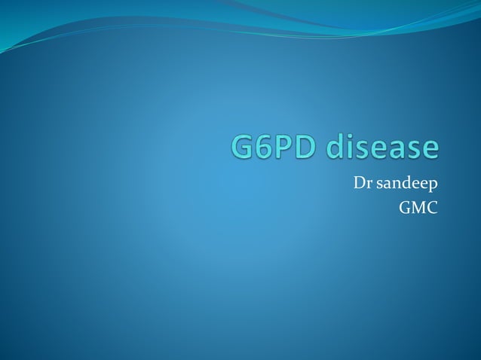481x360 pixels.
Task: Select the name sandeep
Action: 405,183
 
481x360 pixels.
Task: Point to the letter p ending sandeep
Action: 433,185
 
